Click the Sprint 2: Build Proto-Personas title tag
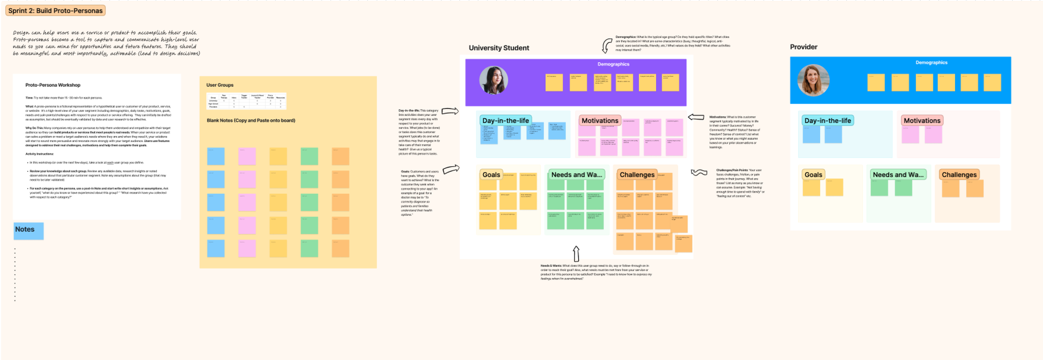[x=55, y=10]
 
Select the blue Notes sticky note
[x=28, y=231]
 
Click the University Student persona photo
[x=494, y=80]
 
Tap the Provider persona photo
[x=813, y=80]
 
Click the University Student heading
[x=499, y=48]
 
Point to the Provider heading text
[x=803, y=47]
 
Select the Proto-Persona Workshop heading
[x=53, y=85]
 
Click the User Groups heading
[x=220, y=85]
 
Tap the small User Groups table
[x=246, y=101]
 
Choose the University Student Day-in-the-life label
[x=505, y=121]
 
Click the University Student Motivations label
[x=600, y=121]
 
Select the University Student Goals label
[x=491, y=175]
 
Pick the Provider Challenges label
[x=959, y=175]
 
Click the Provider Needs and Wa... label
[x=898, y=175]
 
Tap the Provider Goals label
[x=813, y=175]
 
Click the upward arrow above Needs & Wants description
[x=576, y=254]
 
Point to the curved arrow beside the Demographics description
[x=607, y=45]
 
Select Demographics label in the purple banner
[x=613, y=64]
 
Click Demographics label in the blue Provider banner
[x=931, y=63]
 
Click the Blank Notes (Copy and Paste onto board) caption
[x=251, y=121]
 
